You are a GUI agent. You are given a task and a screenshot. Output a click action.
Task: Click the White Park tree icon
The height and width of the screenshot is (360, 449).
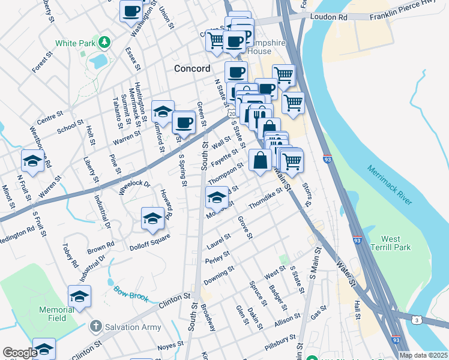tap(105, 42)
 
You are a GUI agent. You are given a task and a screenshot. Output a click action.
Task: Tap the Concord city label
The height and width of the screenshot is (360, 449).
tap(192, 68)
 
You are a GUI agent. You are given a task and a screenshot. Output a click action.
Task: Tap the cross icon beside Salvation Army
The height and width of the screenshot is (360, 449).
tap(95, 326)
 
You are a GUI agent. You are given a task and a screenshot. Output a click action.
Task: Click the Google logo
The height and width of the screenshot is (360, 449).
tap(20, 353)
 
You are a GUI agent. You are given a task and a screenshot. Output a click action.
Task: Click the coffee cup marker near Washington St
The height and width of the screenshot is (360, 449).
tap(131, 10)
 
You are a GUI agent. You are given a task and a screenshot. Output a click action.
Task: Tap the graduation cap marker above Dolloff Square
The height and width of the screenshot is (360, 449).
tap(152, 218)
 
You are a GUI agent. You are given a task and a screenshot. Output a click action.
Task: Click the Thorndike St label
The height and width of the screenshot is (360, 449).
tap(265, 198)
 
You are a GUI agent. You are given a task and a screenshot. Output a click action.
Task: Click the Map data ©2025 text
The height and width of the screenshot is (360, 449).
tap(424, 355)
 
